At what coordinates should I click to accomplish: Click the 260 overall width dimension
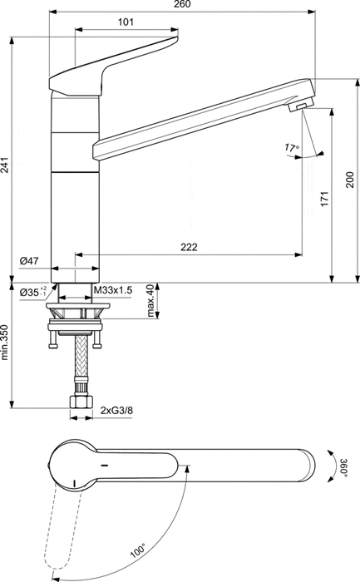point(183,6)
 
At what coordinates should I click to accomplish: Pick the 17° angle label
point(291,148)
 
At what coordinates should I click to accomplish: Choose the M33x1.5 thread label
point(113,290)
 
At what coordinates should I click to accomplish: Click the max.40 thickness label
point(150,300)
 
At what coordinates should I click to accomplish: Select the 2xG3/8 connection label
point(116,411)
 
